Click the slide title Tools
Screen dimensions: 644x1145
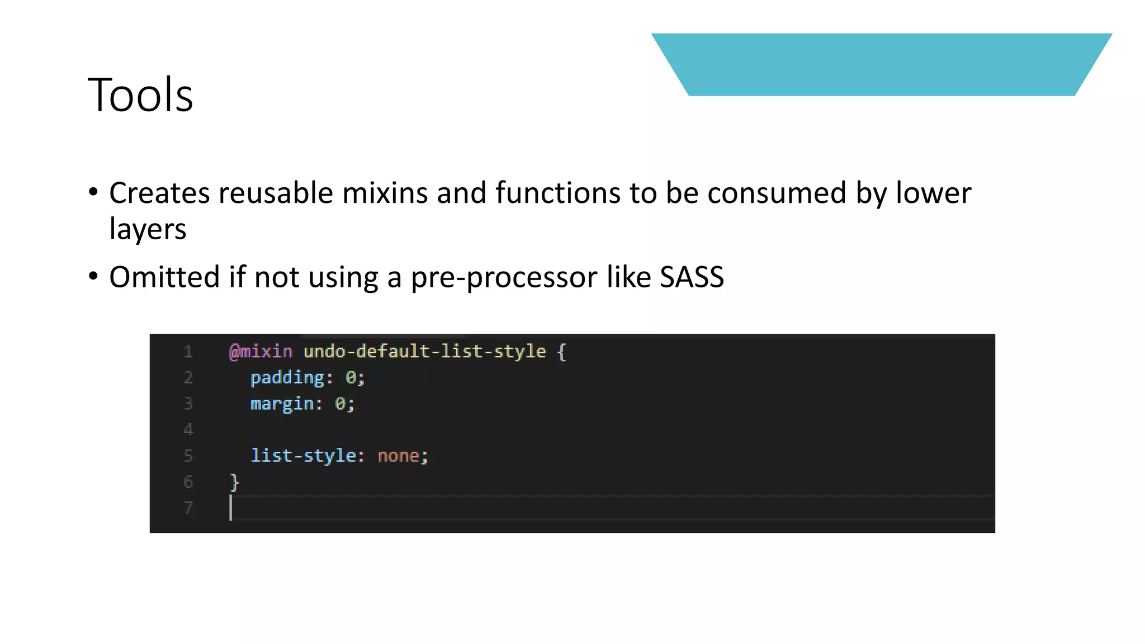coord(140,95)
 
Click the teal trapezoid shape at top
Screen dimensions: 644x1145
coord(881,64)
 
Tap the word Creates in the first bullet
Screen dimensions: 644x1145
coord(159,193)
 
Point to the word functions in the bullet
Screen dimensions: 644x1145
coord(557,193)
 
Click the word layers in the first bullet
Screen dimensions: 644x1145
coord(148,230)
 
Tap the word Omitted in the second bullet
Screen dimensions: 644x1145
coord(164,277)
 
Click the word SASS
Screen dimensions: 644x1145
coord(692,277)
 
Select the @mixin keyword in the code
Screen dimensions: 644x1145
coord(261,352)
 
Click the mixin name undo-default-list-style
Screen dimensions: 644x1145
coord(424,352)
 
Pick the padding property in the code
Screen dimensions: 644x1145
coord(287,378)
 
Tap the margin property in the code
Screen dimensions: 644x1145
coord(282,404)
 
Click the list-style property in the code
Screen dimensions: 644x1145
coord(303,456)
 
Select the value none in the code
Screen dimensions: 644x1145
coord(398,456)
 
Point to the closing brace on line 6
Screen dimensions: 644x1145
coord(234,482)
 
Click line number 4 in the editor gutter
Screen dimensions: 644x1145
coord(188,429)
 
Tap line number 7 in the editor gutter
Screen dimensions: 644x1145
coord(188,508)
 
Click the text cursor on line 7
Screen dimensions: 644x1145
coord(231,508)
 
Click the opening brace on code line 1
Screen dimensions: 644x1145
coord(562,352)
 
